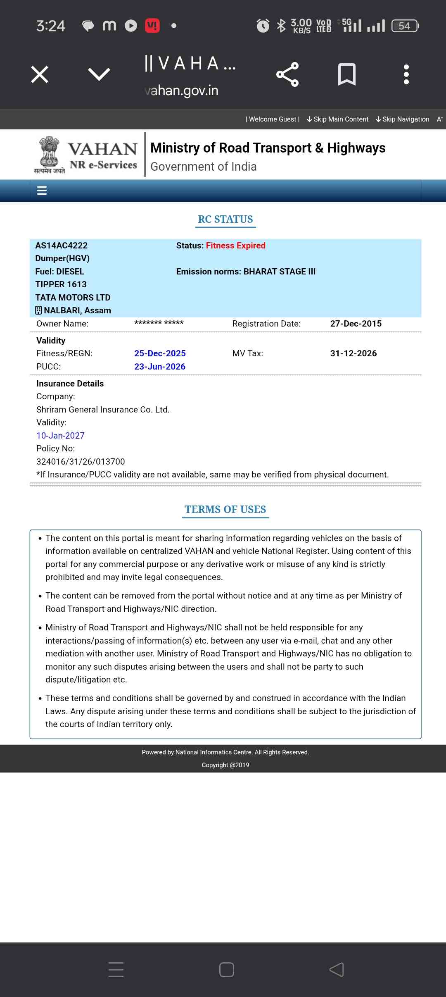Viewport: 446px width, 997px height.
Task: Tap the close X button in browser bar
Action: pos(40,74)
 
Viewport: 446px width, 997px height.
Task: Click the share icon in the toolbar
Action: pos(287,74)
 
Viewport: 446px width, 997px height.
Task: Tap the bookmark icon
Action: pos(346,74)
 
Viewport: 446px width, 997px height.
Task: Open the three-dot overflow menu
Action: pos(406,74)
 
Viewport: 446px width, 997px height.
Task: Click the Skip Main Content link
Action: pos(338,119)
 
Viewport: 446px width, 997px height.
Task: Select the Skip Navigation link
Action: pos(403,119)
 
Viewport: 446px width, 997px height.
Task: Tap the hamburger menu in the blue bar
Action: pos(42,191)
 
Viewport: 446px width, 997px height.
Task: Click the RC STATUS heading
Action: pos(225,219)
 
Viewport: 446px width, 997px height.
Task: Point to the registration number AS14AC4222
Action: pos(62,246)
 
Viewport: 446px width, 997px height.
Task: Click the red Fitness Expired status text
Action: pos(235,246)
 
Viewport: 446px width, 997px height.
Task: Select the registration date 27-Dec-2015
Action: pos(356,324)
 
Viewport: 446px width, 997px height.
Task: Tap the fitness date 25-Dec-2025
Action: pos(160,353)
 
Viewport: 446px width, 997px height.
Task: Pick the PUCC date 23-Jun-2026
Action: pos(160,367)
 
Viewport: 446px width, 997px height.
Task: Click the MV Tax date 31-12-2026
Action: pos(353,353)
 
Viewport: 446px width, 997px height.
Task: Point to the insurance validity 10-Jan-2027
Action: pos(60,436)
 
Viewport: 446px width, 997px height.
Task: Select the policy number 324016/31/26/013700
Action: pos(81,462)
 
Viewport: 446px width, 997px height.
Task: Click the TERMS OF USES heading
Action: pos(225,510)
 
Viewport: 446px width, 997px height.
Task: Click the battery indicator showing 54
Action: pos(405,26)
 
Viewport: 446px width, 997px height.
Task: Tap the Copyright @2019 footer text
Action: pos(225,765)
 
